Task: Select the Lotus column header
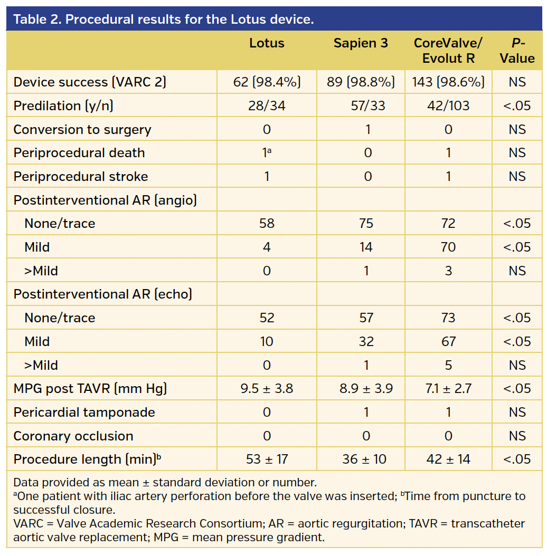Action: pyautogui.click(x=267, y=43)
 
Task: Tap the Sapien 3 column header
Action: pyautogui.click(x=361, y=43)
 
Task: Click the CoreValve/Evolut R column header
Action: pyautogui.click(x=448, y=51)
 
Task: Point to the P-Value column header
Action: pyautogui.click(x=517, y=51)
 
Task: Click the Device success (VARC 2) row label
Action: pyautogui.click(x=90, y=82)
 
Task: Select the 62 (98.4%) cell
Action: pyautogui.click(x=267, y=82)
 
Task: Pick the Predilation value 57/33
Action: pyautogui.click(x=366, y=106)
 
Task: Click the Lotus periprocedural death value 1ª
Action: pyautogui.click(x=267, y=153)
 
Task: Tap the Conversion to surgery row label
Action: pyautogui.click(x=82, y=130)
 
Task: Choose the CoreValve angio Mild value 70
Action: pyautogui.click(x=448, y=247)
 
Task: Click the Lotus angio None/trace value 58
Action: pyautogui.click(x=267, y=224)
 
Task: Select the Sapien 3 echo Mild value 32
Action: pyautogui.click(x=366, y=342)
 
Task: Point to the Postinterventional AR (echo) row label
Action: pyautogui.click(x=103, y=294)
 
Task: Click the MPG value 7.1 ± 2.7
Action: pyautogui.click(x=448, y=389)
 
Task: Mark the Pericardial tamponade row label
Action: pyautogui.click(x=84, y=413)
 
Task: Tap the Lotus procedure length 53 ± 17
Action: pyautogui.click(x=267, y=459)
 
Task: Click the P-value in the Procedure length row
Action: pyautogui.click(x=517, y=459)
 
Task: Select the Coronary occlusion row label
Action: pyautogui.click(x=73, y=436)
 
